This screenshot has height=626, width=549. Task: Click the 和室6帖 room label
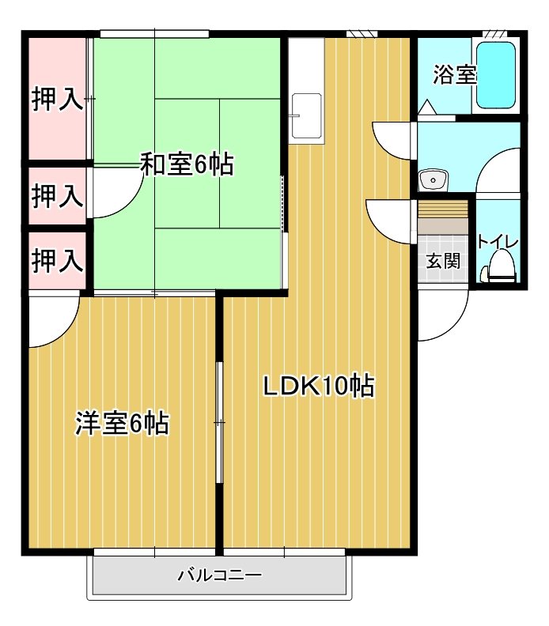tap(186, 164)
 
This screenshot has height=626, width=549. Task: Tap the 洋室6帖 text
tap(122, 424)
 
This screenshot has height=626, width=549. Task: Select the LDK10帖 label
tap(318, 386)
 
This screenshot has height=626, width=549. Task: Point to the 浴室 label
tap(454, 76)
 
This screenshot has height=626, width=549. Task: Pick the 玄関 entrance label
tap(443, 261)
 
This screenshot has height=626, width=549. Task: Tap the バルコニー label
tap(219, 575)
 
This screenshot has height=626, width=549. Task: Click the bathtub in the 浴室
tap(497, 75)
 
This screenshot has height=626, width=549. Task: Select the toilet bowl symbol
tap(500, 267)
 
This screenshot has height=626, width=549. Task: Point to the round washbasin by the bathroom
tap(433, 180)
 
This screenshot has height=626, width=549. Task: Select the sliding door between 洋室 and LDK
tap(219, 423)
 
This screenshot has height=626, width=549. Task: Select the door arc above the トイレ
tap(497, 170)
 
